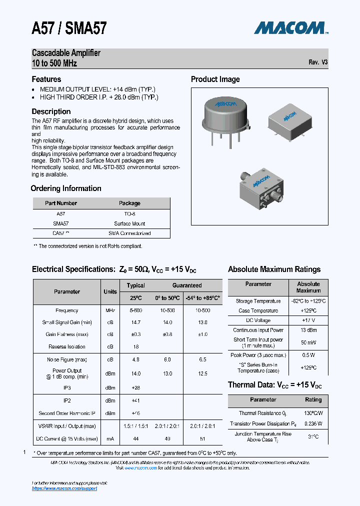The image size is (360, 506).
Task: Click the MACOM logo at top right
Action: click(290, 27)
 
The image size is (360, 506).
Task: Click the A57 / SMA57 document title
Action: click(69, 27)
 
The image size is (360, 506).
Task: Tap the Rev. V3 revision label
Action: click(318, 62)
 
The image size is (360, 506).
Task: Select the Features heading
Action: click(46, 79)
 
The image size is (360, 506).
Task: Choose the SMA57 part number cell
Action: click(60, 223)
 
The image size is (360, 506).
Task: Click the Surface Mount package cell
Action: click(129, 223)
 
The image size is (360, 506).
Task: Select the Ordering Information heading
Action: click(66, 188)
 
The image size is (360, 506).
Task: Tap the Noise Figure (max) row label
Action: click(67, 359)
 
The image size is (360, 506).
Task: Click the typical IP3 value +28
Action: click(135, 387)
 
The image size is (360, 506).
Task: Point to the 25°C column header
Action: click(135, 298)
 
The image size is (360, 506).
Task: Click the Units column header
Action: click(110, 291)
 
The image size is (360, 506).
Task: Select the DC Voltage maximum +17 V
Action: click(308, 320)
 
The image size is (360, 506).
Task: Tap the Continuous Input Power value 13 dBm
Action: click(308, 330)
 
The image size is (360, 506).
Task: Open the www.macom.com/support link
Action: click(64, 488)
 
